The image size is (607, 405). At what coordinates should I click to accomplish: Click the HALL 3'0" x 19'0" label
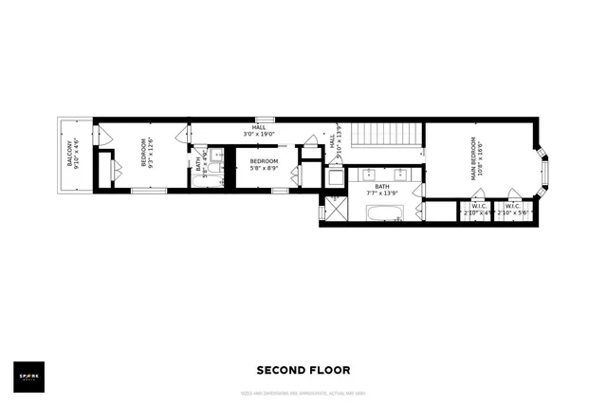pyautogui.click(x=259, y=131)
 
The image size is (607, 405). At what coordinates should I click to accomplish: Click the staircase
pyautogui.click(x=385, y=136)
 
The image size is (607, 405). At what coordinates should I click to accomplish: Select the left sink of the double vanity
pyautogui.click(x=368, y=174)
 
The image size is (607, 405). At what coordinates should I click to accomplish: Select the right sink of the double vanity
pyautogui.click(x=401, y=174)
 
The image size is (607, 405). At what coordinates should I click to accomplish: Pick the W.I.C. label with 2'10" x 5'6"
pyautogui.click(x=513, y=210)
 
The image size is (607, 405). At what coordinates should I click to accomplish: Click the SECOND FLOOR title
pyautogui.click(x=303, y=371)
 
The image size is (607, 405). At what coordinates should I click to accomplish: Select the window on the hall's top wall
pyautogui.click(x=265, y=120)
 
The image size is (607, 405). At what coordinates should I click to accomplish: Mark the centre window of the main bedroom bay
pyautogui.click(x=544, y=172)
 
